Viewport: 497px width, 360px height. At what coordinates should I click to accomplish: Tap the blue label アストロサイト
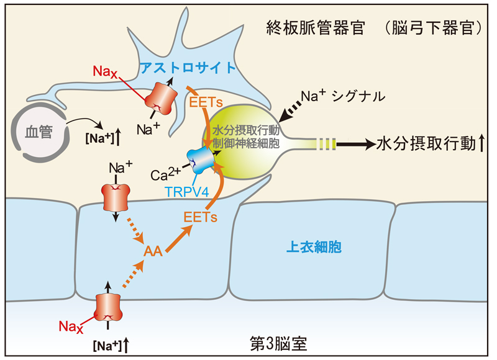188,68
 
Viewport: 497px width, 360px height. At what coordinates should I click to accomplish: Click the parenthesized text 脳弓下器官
431,29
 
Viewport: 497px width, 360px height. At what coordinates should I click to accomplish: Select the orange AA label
153,252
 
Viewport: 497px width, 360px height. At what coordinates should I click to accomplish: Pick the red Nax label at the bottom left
70,325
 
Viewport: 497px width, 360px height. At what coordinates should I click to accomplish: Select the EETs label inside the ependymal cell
199,217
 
